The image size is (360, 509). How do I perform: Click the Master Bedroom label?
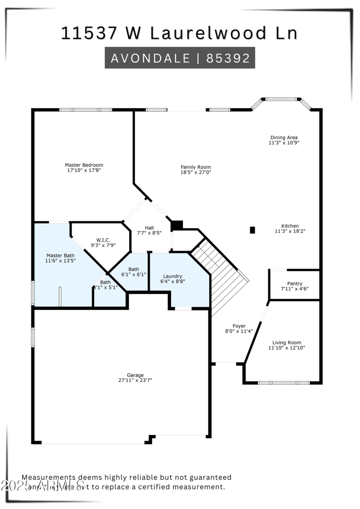84,165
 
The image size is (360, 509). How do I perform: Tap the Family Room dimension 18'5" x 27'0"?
196,172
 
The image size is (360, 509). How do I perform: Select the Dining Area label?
283,138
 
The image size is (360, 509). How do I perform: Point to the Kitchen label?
290,226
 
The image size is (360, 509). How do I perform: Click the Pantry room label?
295,284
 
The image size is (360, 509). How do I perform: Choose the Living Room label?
287,342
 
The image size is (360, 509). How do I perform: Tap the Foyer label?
239,326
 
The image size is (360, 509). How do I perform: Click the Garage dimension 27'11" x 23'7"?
135,380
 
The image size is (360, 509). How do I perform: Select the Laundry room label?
172,276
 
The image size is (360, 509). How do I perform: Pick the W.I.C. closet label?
103,240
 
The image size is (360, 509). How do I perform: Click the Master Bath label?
60,255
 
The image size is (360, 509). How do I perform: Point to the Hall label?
149,228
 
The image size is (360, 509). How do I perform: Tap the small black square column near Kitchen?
252,230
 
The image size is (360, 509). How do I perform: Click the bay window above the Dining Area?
281,99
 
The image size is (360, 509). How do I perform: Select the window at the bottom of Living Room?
283,383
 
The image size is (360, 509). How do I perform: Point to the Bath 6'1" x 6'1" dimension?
134,275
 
